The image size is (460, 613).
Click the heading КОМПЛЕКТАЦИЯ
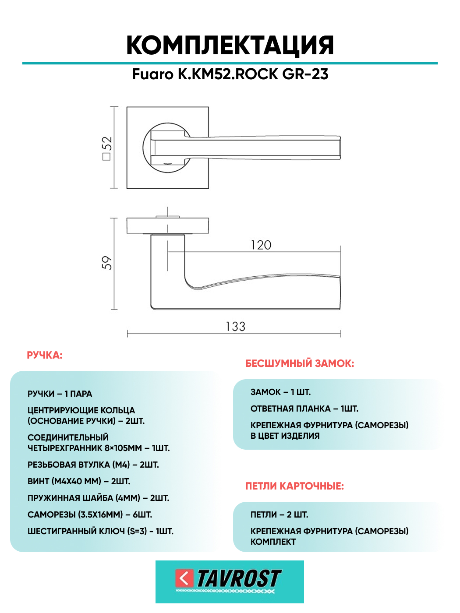coord(230,45)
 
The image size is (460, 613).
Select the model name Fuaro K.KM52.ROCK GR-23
coord(230,74)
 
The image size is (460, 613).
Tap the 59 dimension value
coord(107,263)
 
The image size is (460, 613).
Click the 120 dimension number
coord(261,245)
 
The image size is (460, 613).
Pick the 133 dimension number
coord(235,327)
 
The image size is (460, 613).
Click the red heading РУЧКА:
coord(45,355)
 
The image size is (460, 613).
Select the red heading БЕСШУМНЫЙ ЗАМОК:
coord(300,363)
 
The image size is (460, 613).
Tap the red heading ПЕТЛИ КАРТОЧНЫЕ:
coord(294,486)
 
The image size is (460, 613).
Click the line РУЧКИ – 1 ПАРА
coord(60,394)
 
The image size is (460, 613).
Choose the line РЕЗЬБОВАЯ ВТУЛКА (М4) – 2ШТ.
coord(93,465)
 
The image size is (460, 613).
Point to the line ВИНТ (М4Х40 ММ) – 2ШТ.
coord(79,481)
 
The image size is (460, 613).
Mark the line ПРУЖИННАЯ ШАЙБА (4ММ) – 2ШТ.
coord(98,498)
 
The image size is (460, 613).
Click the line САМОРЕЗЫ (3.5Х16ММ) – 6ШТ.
coord(90,514)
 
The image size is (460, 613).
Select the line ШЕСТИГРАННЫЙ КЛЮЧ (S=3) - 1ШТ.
coord(100,531)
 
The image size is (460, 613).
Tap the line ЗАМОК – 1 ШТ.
coord(280,392)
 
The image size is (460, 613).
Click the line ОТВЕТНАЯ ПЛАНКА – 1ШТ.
coord(304,409)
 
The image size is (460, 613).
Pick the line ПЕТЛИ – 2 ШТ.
coord(279,514)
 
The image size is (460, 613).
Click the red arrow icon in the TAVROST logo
coord(184,578)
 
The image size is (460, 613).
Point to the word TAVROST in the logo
coord(239,578)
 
